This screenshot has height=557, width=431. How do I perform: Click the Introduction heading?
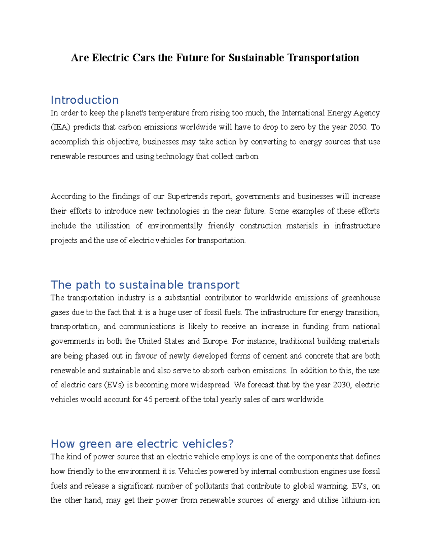84,100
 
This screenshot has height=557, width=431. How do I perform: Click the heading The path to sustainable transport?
145,285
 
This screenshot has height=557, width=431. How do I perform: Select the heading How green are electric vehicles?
142,444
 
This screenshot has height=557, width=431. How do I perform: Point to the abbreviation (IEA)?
61,127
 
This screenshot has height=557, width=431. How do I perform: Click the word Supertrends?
187,197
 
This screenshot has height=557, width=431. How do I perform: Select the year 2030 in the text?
343,385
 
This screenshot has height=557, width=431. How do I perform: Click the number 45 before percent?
148,400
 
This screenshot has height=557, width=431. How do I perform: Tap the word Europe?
215,341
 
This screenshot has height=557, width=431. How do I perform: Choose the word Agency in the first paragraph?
366,113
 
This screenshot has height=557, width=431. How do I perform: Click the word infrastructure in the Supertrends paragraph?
357,226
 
